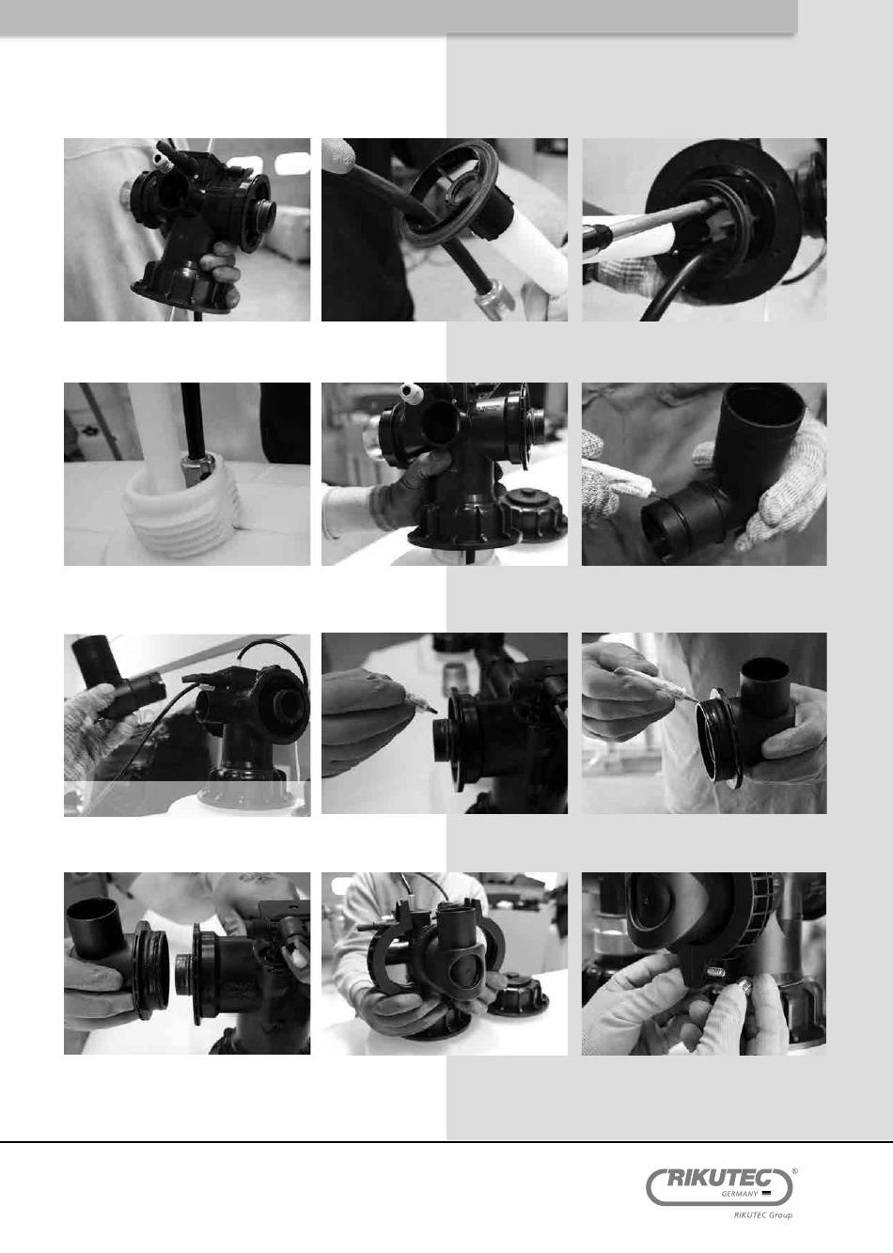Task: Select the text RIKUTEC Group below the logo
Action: coord(762,1214)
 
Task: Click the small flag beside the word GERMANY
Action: coord(766,1193)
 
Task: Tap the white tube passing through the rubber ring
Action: coord(524,246)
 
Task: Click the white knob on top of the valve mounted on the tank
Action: coord(410,390)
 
